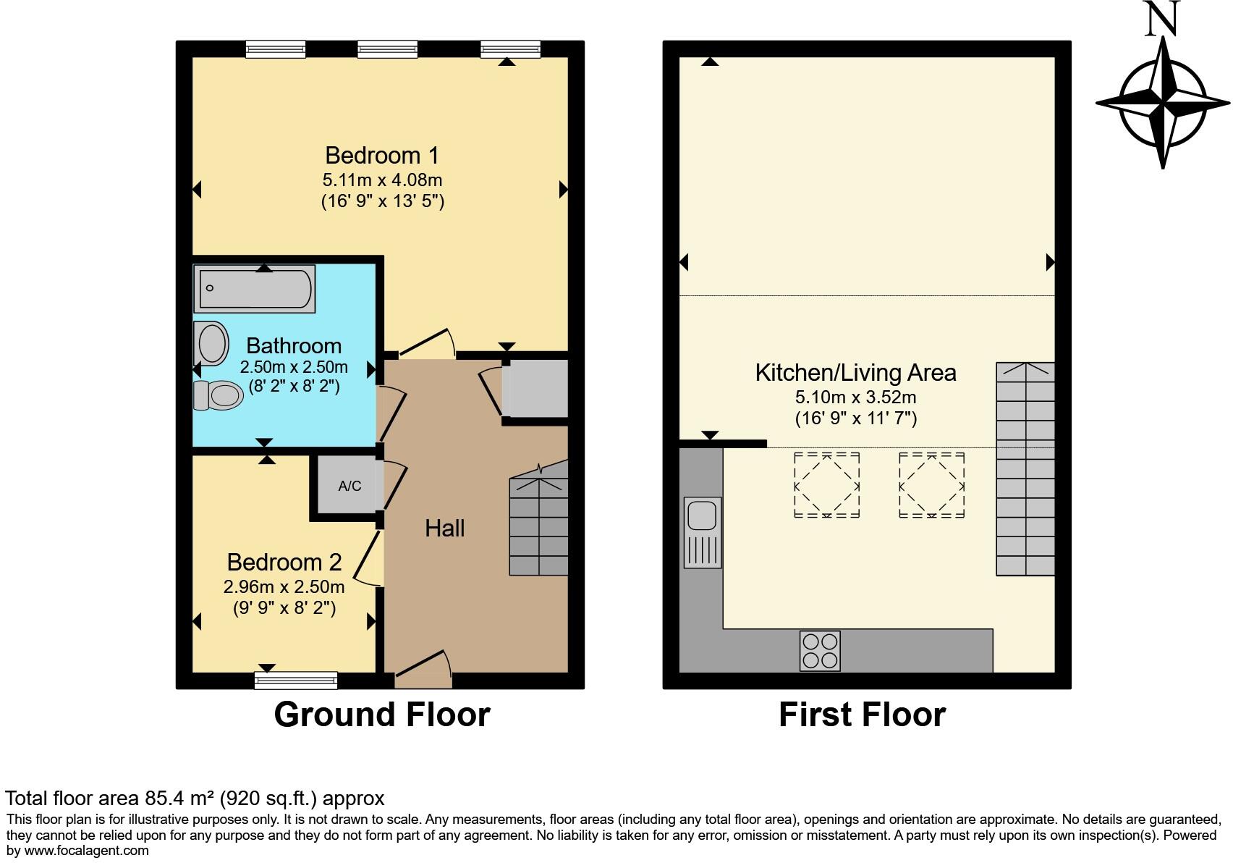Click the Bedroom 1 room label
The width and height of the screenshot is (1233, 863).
[x=381, y=156]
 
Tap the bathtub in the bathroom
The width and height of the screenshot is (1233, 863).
[x=254, y=289]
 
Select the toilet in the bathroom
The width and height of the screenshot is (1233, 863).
[x=218, y=395]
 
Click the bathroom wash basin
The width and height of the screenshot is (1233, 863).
[x=212, y=343]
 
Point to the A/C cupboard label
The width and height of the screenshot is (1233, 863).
[x=349, y=486]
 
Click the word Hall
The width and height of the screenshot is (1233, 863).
[x=444, y=528]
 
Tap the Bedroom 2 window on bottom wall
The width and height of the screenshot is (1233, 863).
[x=296, y=680]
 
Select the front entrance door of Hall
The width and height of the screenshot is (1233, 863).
[x=424, y=670]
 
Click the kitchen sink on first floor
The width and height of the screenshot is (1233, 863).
[x=702, y=531]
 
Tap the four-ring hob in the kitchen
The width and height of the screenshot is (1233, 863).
[x=820, y=651]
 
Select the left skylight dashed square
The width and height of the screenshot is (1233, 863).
[x=826, y=485]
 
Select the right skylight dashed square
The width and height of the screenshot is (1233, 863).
[x=931, y=485]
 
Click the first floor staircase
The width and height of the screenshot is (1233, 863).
[x=1025, y=469]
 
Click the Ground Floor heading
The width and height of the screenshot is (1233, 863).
[x=381, y=715]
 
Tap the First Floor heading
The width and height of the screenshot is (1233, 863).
[x=862, y=715]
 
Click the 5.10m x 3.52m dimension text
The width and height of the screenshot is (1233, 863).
[x=855, y=397]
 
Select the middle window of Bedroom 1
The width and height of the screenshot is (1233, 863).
[x=387, y=49]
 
